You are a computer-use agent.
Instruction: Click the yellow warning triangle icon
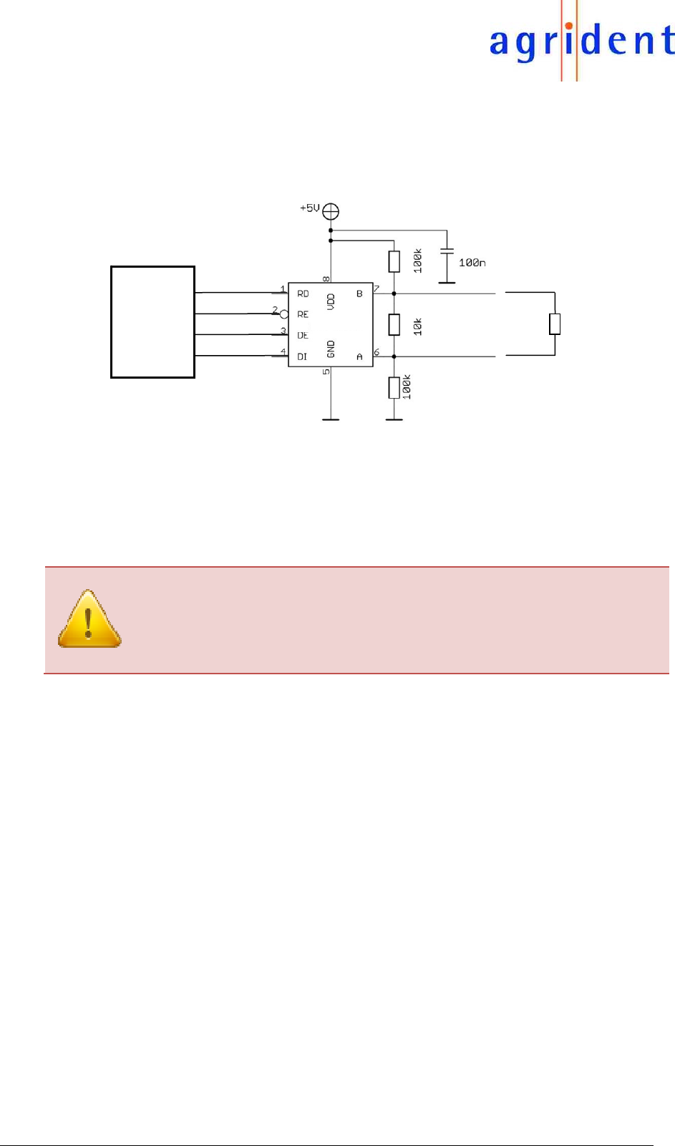click(x=89, y=619)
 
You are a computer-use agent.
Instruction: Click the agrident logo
click(x=581, y=42)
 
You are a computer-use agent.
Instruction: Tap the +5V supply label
click(x=309, y=208)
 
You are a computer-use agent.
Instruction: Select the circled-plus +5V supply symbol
click(x=331, y=211)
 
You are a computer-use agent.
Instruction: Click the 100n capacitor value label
click(x=472, y=263)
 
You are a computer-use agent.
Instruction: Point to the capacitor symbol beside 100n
click(x=447, y=252)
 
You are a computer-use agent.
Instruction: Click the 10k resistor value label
click(x=417, y=326)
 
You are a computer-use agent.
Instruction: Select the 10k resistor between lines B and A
click(x=394, y=325)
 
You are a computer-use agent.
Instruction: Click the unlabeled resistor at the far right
click(x=554, y=324)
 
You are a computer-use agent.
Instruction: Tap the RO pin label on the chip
click(x=303, y=293)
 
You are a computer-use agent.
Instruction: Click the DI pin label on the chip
click(x=302, y=356)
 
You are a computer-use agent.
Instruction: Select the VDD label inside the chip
click(x=331, y=301)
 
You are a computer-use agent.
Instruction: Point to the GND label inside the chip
click(x=331, y=349)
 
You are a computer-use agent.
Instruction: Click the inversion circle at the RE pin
click(x=284, y=314)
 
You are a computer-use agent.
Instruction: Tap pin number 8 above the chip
click(x=326, y=278)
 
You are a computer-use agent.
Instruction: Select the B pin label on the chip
click(x=359, y=293)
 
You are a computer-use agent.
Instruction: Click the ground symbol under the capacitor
click(x=447, y=282)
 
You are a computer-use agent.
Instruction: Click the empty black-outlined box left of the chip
click(x=152, y=322)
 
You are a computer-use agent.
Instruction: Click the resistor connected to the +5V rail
click(x=394, y=262)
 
